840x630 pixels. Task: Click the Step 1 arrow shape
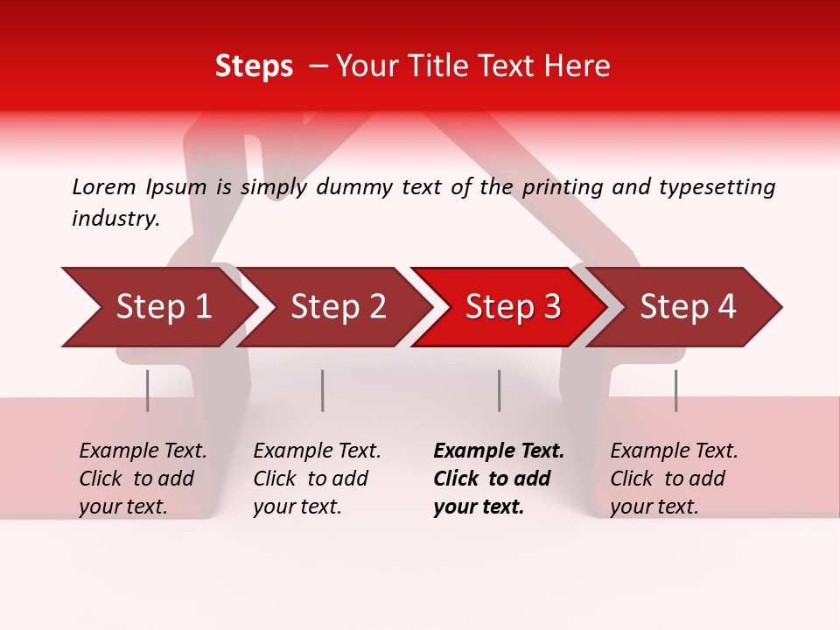click(x=157, y=307)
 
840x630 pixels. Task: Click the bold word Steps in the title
click(x=254, y=66)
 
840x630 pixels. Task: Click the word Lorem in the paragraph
click(x=103, y=186)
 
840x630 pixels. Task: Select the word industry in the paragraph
click(x=115, y=218)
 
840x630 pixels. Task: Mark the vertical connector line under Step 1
click(x=148, y=390)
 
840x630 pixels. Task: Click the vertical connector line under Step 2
click(x=323, y=390)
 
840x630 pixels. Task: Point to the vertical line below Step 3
click(x=499, y=390)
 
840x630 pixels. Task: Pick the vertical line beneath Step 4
click(x=675, y=390)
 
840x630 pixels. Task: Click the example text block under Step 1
click(x=143, y=479)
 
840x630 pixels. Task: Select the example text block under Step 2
click(x=317, y=479)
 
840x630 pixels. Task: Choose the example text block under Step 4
click(x=674, y=479)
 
